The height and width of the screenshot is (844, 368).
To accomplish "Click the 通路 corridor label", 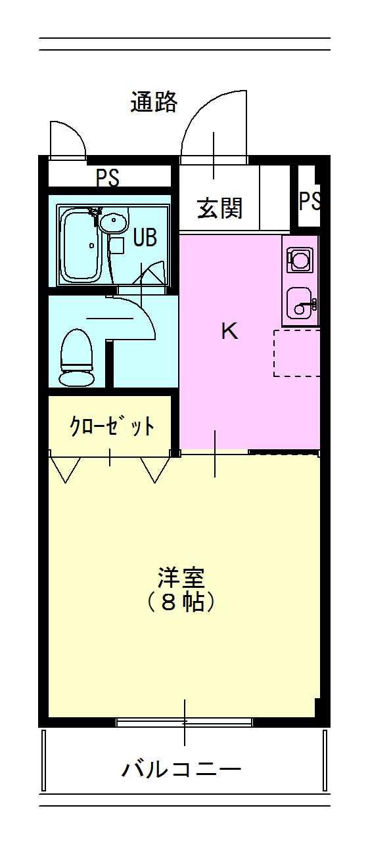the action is pos(154,102).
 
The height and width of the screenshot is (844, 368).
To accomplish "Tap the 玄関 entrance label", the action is pos(219,208).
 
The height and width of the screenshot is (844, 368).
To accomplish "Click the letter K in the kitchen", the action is pos(229,331).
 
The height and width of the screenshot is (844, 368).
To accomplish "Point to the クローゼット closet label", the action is pos(112,426).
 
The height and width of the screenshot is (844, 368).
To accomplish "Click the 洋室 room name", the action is pos(181,577).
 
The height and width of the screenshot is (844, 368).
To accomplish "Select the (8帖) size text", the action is pos(181,602).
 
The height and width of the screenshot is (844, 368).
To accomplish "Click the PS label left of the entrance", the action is pos(108,177).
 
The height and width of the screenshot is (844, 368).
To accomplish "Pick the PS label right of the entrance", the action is pos(310,200).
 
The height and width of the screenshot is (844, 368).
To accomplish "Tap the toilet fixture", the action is pos(76,357).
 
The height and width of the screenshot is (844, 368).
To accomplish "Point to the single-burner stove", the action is pos(300,259).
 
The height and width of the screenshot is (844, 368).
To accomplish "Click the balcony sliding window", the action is pos(184,722).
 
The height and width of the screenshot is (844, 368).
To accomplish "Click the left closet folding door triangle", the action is pos(65,470).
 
